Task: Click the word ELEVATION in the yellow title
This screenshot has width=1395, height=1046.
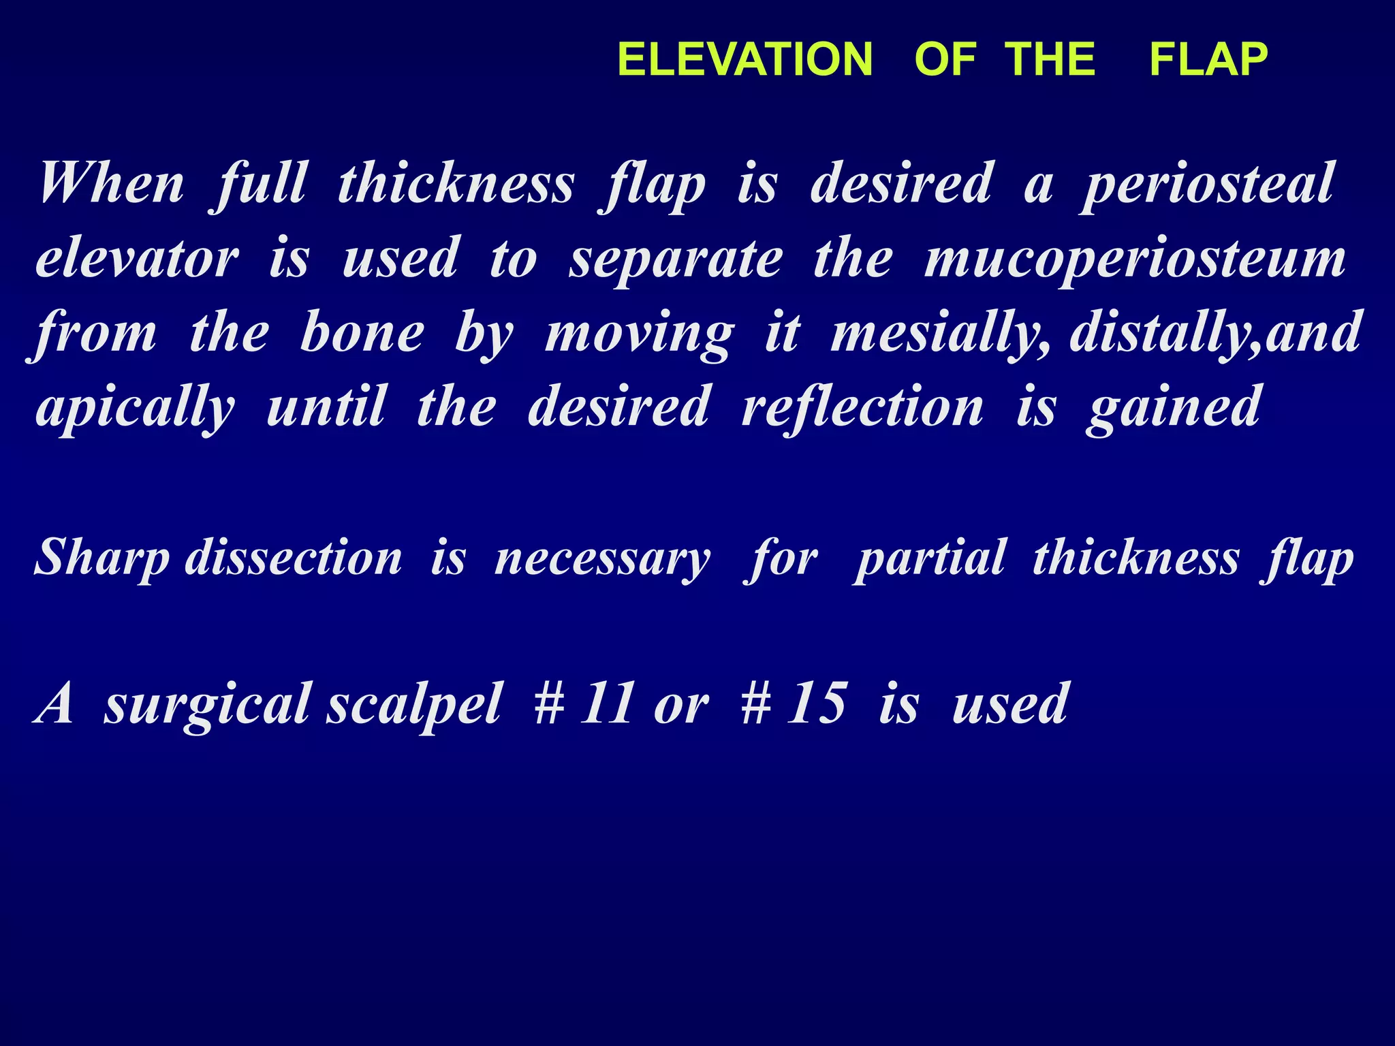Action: [744, 59]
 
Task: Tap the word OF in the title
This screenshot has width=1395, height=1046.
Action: [945, 59]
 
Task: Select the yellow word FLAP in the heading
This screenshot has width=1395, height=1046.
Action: [1208, 59]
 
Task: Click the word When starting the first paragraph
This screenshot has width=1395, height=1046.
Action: [111, 183]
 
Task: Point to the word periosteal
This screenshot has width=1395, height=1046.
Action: [1207, 185]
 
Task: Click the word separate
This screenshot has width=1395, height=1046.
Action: [676, 260]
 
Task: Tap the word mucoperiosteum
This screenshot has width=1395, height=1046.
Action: [1134, 260]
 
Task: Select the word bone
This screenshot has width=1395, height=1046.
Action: [362, 333]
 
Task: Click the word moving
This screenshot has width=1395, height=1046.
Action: [640, 334]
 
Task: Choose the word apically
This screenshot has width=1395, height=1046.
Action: [136, 409]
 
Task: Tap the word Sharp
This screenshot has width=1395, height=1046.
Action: [101, 559]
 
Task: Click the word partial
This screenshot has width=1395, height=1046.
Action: [930, 559]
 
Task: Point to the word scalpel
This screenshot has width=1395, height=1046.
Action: [414, 704]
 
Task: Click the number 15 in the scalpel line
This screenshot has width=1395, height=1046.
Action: [817, 704]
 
